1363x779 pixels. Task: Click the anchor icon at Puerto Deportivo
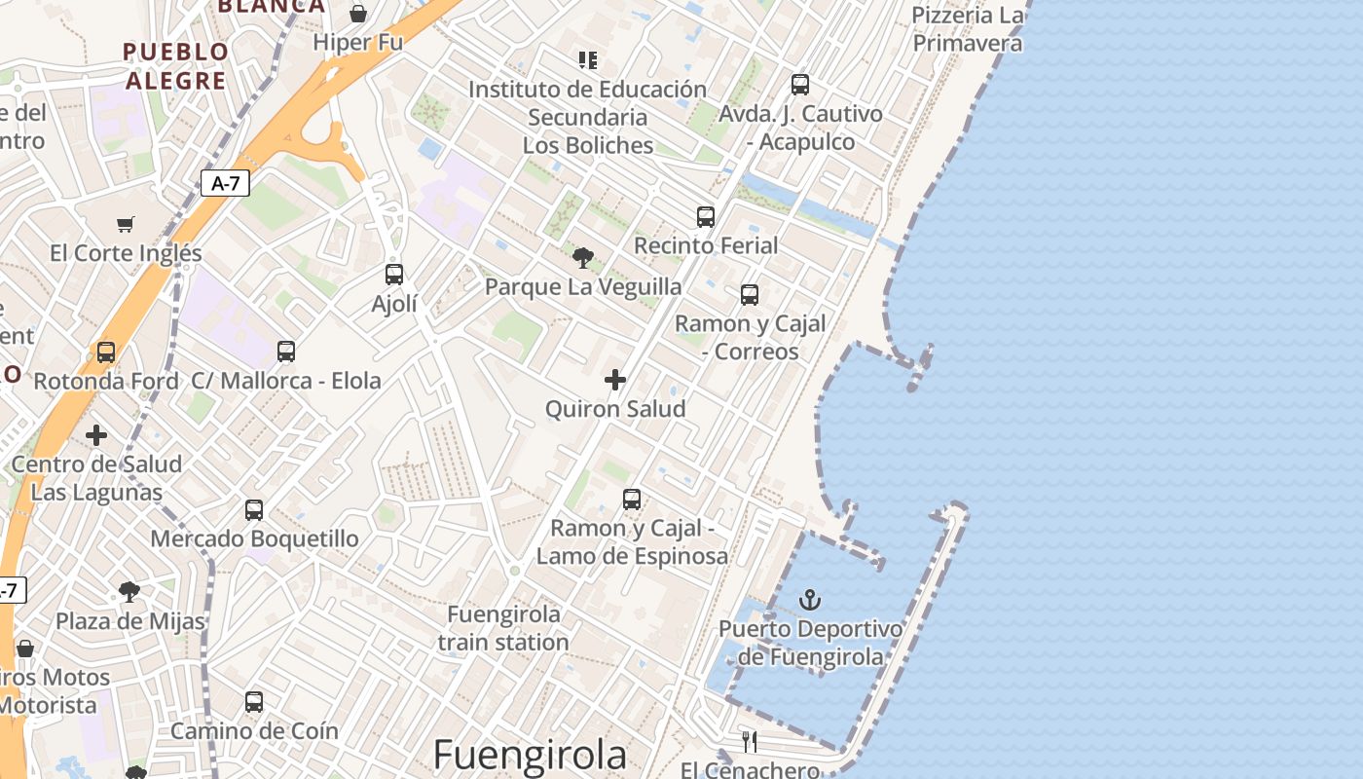pyautogui.click(x=810, y=600)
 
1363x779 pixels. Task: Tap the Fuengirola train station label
pyautogui.click(x=503, y=628)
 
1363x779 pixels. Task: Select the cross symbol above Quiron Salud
pyautogui.click(x=615, y=380)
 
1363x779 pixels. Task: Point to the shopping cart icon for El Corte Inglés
pyautogui.click(x=126, y=225)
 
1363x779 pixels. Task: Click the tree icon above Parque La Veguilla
pyautogui.click(x=583, y=258)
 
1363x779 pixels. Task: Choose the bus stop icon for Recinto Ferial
pyautogui.click(x=706, y=217)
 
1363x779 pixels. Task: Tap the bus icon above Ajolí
pyautogui.click(x=394, y=275)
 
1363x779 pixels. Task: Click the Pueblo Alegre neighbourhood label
pyautogui.click(x=176, y=65)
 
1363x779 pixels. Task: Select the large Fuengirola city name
pyautogui.click(x=530, y=755)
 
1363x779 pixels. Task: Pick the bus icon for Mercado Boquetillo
pyautogui.click(x=254, y=510)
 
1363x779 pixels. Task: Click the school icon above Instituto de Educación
pyautogui.click(x=588, y=60)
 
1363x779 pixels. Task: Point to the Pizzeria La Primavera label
pyautogui.click(x=968, y=29)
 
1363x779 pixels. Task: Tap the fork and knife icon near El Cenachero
pyautogui.click(x=750, y=742)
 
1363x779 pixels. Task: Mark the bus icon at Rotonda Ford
pyautogui.click(x=106, y=352)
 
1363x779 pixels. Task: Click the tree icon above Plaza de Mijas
pyautogui.click(x=129, y=592)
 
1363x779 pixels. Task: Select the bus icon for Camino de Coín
pyautogui.click(x=254, y=702)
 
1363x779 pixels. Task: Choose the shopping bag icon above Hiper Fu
pyautogui.click(x=358, y=14)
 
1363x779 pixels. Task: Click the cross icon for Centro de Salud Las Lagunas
pyautogui.click(x=96, y=435)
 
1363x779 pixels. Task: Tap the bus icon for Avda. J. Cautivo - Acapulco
pyautogui.click(x=800, y=85)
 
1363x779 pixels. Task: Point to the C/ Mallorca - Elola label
pyautogui.click(x=286, y=380)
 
